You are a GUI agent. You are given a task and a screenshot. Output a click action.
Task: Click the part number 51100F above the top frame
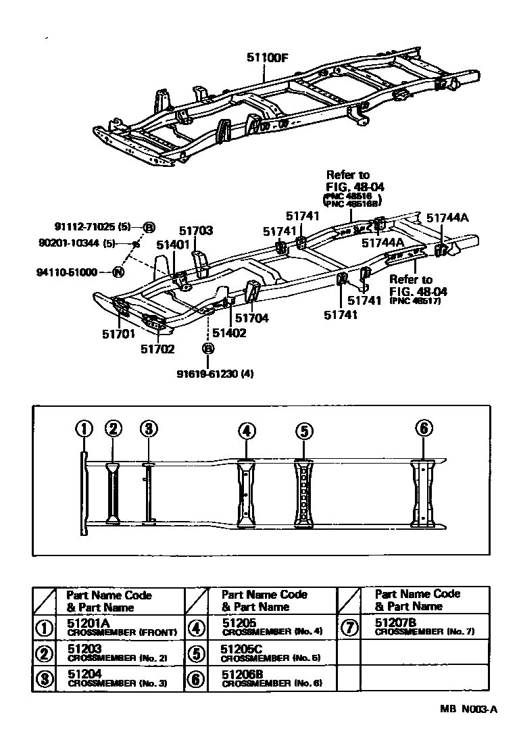267,57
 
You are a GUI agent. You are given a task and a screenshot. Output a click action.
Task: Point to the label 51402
228,332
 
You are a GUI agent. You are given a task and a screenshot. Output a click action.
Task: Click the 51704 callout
253,317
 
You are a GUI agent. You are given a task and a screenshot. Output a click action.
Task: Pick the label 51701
119,333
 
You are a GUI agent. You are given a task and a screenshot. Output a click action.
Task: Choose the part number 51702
157,349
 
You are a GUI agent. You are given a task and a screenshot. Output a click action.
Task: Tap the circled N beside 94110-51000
118,272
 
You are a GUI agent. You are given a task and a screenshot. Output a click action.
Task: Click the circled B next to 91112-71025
149,227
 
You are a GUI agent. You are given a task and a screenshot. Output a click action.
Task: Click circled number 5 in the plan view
304,430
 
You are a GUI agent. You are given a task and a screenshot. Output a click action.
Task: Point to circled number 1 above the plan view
83,429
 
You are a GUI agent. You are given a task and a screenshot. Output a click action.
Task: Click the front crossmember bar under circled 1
83,493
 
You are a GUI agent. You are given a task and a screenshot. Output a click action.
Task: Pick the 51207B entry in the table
395,622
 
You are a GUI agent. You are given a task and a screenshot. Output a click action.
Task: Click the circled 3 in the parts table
45,679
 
